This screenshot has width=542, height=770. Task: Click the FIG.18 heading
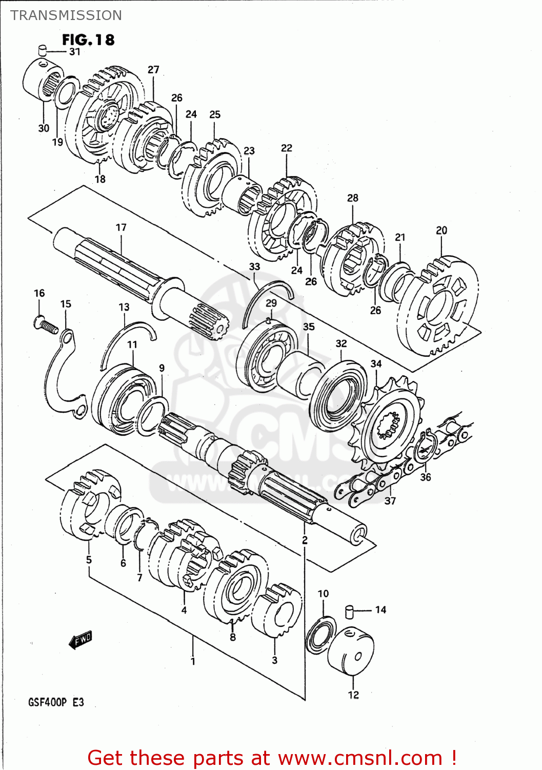coord(88,40)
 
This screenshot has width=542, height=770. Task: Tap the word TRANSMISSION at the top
coord(66,15)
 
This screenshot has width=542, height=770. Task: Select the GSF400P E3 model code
coord(56,702)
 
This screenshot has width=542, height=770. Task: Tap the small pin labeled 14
coord(350,611)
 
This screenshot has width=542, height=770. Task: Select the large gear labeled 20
coord(438,308)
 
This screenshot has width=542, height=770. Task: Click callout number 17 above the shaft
coord(121,227)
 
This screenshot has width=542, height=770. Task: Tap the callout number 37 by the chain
coord(390,500)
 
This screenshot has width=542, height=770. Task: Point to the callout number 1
coord(193,661)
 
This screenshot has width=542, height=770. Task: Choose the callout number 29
coord(271,303)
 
